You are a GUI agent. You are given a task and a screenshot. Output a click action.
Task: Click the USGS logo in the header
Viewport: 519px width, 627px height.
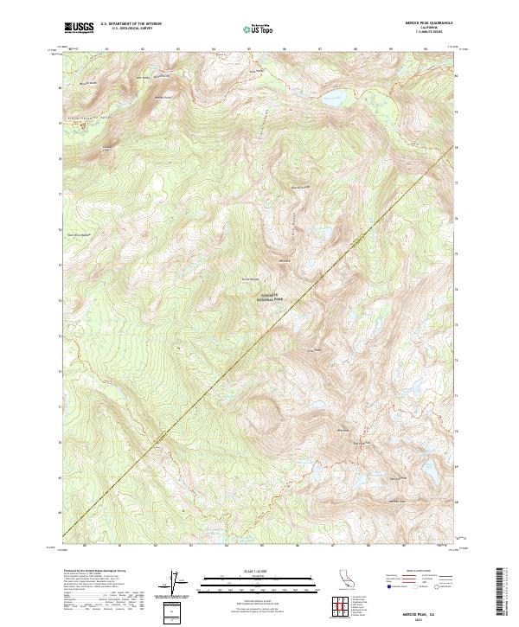point(79,27)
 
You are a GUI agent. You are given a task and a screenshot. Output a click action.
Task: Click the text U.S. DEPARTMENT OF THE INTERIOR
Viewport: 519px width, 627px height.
point(131,24)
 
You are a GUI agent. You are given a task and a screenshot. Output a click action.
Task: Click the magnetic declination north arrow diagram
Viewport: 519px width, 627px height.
point(176,585)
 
